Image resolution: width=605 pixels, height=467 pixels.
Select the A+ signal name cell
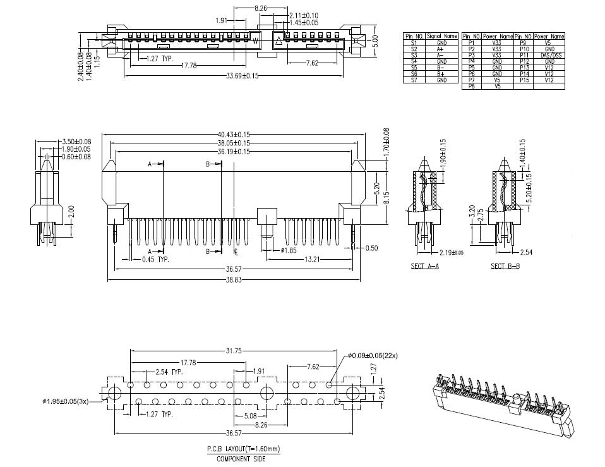pyautogui.click(x=441, y=49)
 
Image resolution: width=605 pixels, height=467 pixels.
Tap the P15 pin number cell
pyautogui.click(x=524, y=80)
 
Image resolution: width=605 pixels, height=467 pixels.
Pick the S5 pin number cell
pyautogui.click(x=414, y=68)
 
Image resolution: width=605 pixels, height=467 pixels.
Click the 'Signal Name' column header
pyautogui.click(x=441, y=37)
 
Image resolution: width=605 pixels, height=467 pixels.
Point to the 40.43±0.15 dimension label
pyautogui.click(x=234, y=134)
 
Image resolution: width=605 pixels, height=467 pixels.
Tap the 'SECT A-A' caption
pyautogui.click(x=424, y=267)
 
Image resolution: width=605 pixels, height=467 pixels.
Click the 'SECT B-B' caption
pyautogui.click(x=505, y=267)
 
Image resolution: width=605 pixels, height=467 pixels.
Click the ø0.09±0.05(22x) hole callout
pyautogui.click(x=376, y=355)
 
